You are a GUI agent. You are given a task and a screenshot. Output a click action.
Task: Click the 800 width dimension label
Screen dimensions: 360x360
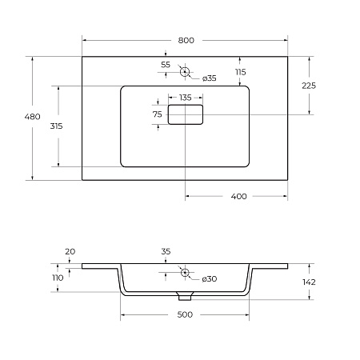coord(186,40)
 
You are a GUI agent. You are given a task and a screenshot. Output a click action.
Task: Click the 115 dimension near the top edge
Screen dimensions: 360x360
coord(240,72)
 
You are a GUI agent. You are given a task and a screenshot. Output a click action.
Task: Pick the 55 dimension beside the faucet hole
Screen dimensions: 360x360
coord(166,64)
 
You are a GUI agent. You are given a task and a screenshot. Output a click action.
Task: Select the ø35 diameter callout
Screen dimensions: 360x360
coord(209,78)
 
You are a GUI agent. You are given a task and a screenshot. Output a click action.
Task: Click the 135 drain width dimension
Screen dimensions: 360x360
coord(185,98)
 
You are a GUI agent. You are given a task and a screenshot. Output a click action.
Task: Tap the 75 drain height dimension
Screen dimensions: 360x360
coord(158,115)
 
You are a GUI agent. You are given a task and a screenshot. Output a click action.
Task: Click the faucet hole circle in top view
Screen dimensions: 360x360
coord(186,72)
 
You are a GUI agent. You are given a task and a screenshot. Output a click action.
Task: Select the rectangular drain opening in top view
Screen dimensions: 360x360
coord(186,115)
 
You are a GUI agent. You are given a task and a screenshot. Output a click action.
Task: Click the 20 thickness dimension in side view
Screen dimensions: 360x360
coord(70,252)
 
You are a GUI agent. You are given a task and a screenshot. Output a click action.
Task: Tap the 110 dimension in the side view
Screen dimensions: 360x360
coord(58,278)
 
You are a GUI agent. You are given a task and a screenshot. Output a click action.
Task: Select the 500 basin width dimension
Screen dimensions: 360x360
coord(185,315)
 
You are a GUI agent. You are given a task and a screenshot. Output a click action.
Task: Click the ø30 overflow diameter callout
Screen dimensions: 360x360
coord(209,278)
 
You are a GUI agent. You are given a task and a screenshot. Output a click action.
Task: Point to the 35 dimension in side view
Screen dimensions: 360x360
coord(166,252)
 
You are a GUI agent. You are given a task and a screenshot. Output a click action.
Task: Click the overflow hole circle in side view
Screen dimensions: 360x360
coord(186,273)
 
